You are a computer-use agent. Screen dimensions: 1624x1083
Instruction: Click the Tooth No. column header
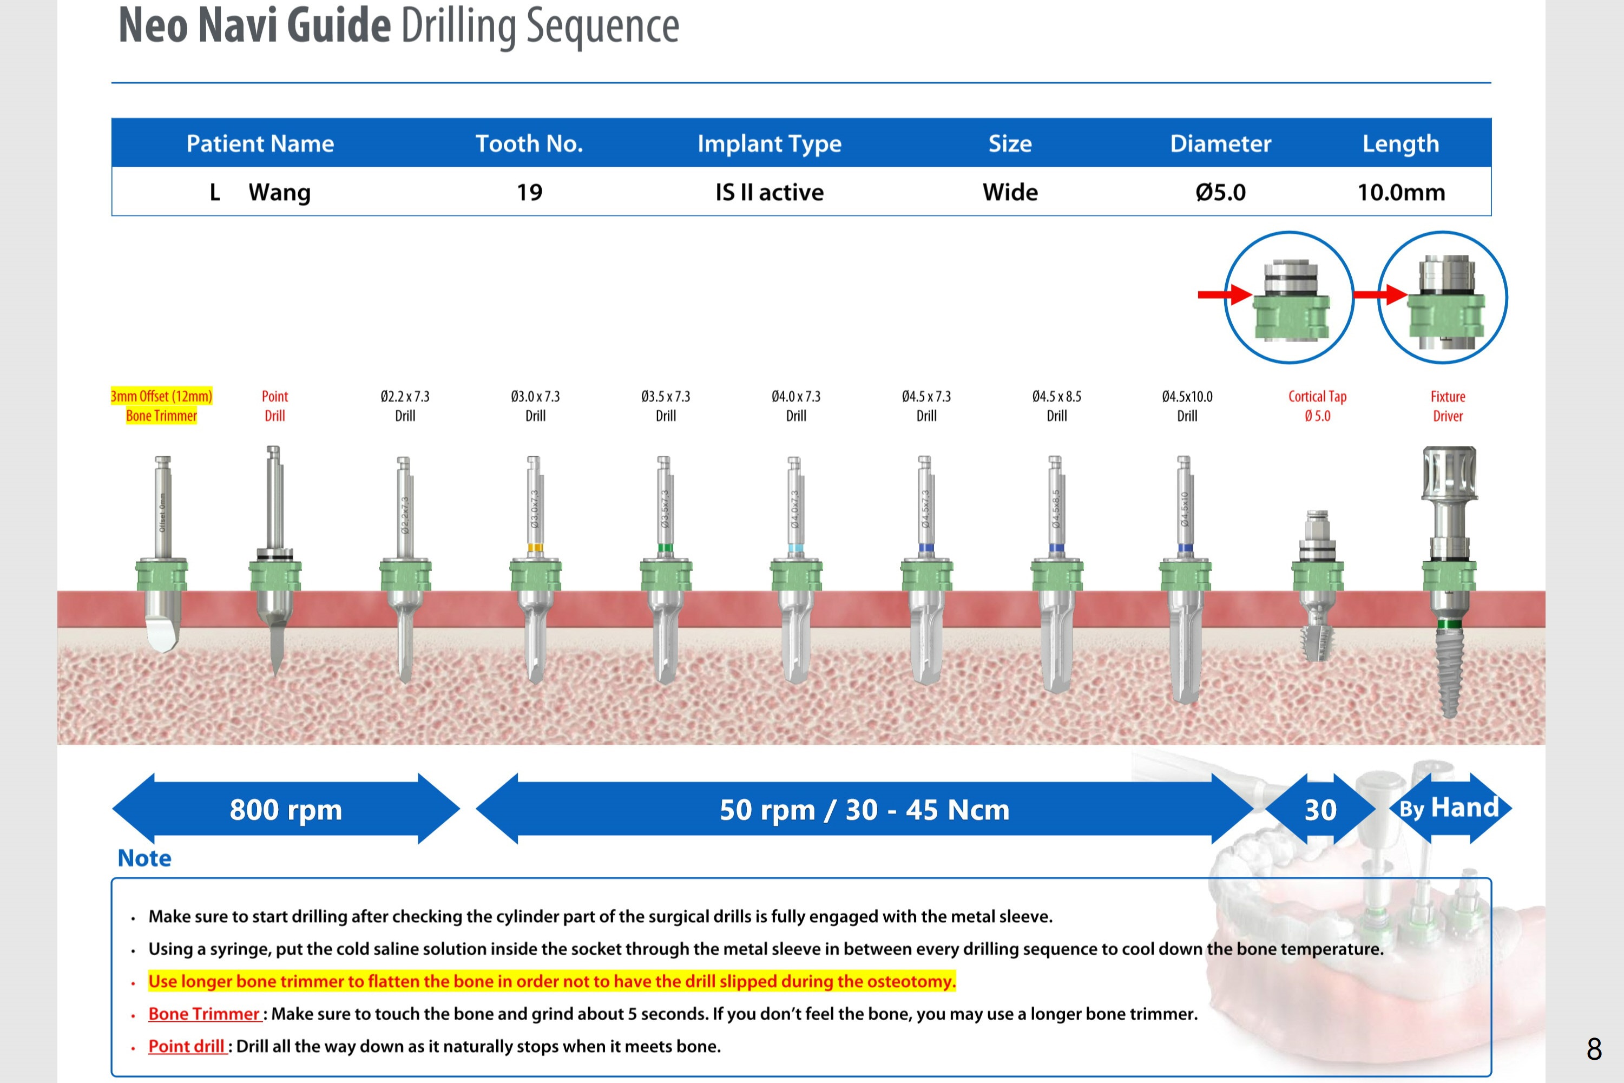529,143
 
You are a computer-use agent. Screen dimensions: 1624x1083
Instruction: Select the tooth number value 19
530,192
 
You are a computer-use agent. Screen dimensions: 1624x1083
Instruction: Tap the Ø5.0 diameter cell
1220,192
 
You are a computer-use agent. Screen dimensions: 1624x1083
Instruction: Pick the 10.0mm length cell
1401,192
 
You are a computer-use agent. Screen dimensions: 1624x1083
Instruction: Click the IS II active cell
769,192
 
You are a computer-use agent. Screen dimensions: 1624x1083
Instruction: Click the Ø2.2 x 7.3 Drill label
405,406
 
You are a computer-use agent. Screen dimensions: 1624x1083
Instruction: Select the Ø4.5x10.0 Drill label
1187,406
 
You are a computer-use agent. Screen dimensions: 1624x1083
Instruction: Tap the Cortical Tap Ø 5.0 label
1317,406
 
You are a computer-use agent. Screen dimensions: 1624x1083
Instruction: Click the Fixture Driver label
1447,406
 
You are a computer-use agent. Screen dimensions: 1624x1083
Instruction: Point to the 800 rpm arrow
286,809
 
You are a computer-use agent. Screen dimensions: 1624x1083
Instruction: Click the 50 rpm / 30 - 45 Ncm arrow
864,809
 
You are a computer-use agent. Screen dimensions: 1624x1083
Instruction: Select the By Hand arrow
1450,808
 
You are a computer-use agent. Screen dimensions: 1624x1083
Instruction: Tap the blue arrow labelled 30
1320,809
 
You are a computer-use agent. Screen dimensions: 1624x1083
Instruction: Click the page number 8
1594,1049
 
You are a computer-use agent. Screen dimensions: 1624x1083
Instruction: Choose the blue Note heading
144,858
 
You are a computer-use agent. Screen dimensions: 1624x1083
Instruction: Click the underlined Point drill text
187,1046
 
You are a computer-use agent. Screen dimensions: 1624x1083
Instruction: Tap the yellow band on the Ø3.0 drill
535,548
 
